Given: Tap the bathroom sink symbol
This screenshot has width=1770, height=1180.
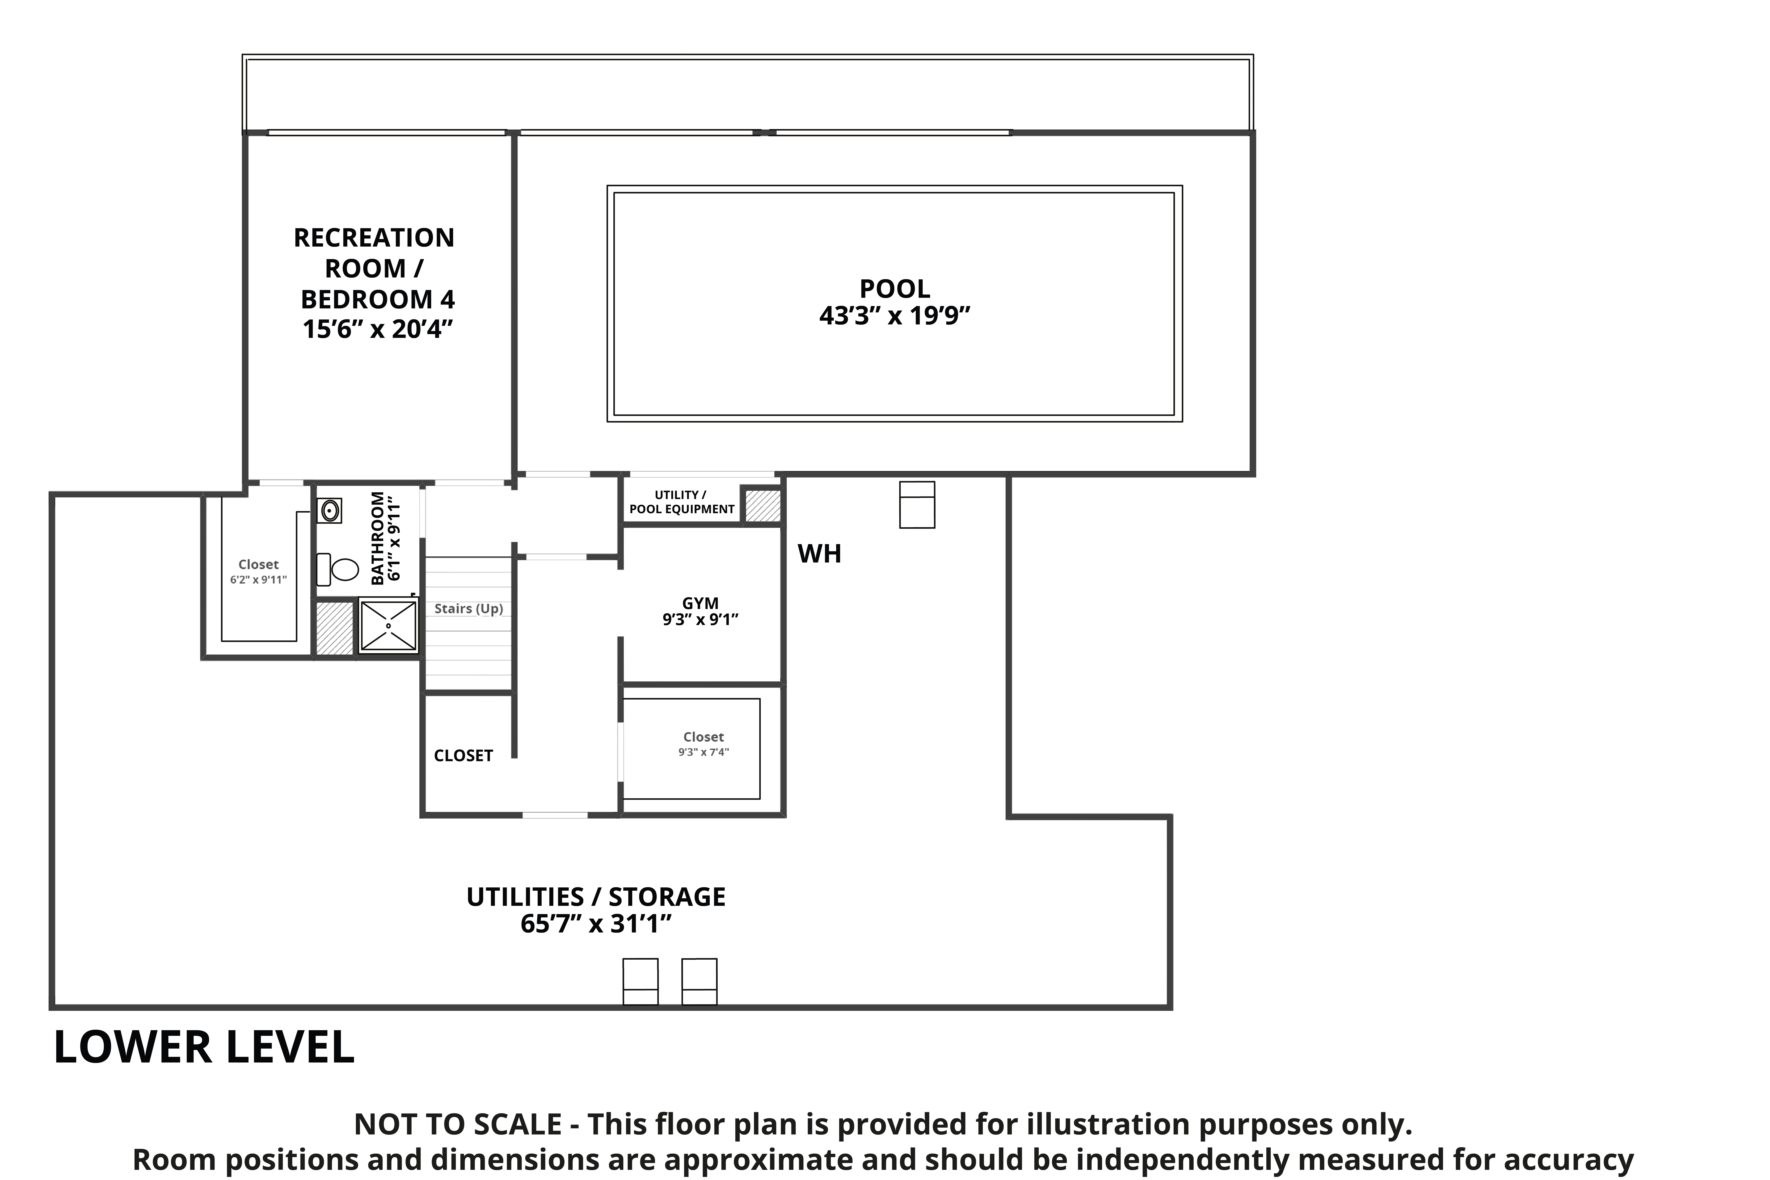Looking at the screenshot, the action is (330, 510).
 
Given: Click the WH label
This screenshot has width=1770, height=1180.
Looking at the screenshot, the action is (820, 554).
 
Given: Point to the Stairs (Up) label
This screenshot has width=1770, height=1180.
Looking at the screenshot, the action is (469, 609).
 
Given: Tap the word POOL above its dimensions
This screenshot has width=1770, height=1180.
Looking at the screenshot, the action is (895, 288).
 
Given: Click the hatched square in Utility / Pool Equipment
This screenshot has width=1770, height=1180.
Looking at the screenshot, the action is (762, 506).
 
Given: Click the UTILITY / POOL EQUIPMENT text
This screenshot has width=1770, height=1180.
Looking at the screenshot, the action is (682, 502).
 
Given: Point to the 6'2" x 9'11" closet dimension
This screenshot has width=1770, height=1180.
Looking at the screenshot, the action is (259, 580).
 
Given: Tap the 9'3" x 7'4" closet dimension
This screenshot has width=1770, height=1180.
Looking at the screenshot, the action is (704, 752).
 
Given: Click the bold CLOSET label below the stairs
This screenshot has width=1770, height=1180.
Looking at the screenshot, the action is (464, 756).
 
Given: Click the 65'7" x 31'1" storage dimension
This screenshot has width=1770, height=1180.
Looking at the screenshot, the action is (596, 923).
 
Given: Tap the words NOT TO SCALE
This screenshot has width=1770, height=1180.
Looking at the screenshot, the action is (458, 1124).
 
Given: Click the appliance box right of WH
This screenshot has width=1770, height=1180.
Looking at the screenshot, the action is (917, 505).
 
